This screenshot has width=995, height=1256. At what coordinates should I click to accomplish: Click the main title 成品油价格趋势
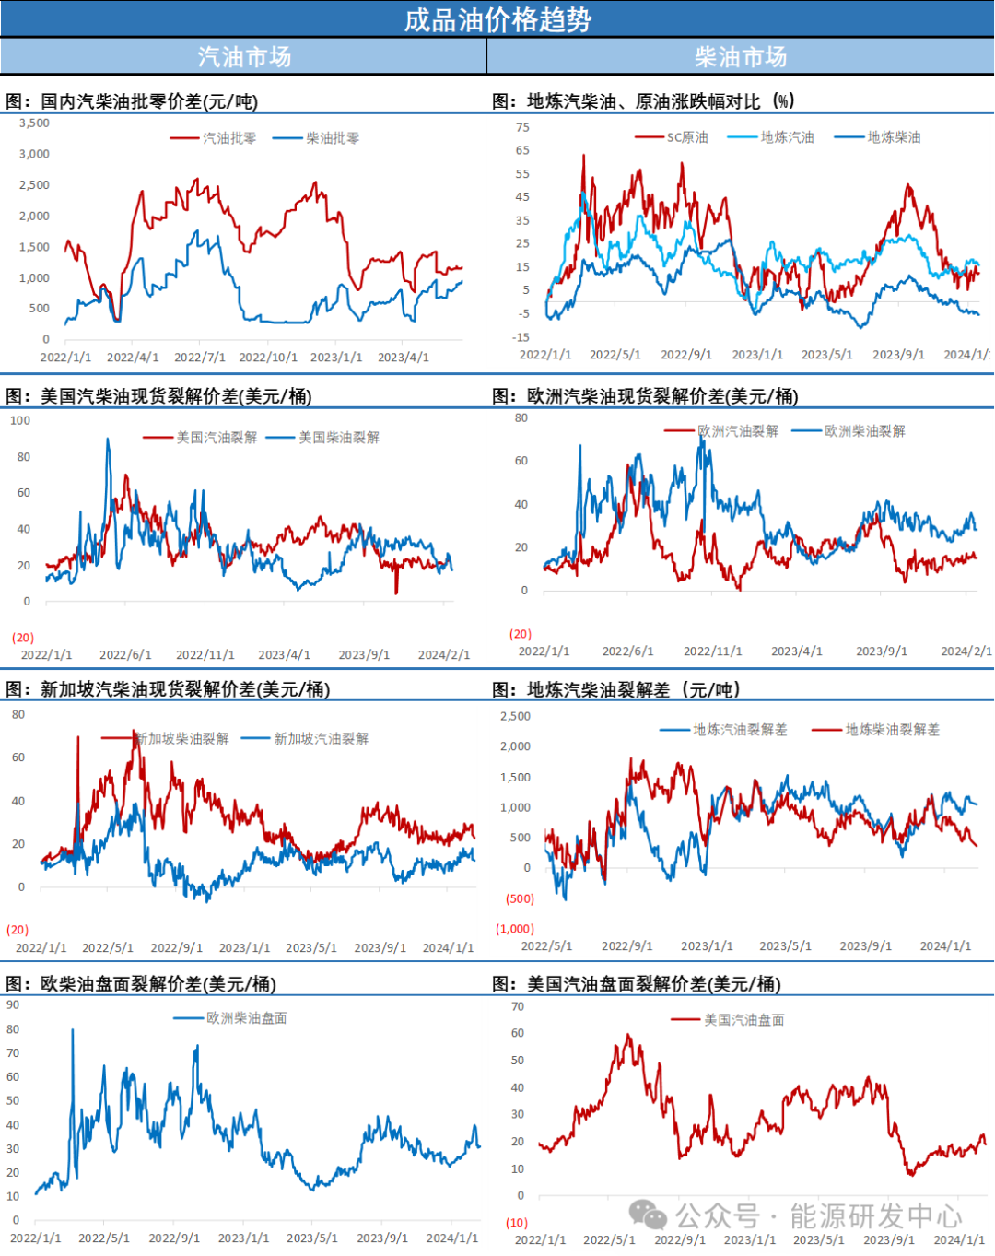497,19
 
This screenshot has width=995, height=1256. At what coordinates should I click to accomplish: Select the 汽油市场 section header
244,57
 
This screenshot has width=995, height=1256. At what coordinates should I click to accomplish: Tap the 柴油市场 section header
741,57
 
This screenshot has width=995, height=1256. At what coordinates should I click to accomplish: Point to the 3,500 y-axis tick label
34,123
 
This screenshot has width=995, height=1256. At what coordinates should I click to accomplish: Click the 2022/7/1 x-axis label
200,358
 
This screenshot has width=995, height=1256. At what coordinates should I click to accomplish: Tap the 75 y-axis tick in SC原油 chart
522,128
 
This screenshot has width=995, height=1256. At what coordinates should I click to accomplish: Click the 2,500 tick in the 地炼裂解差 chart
515,717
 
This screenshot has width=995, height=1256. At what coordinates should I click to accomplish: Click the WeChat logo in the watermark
648,1215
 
